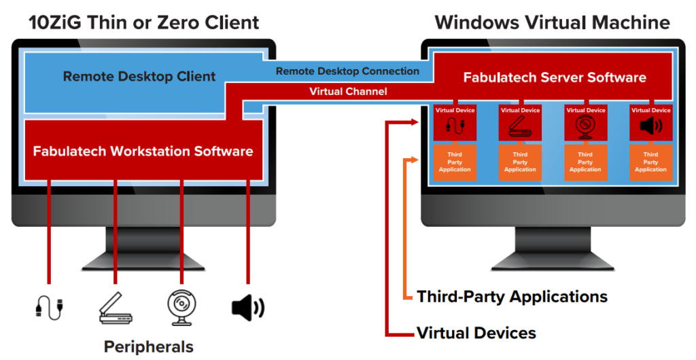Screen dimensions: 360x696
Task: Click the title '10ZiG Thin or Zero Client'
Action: (x=144, y=22)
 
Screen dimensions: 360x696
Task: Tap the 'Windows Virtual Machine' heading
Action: (x=552, y=22)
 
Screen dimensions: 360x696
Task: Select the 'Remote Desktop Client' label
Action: (x=139, y=77)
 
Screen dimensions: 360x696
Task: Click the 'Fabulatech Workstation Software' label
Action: (x=143, y=151)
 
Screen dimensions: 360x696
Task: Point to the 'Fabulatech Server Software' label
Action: (x=555, y=77)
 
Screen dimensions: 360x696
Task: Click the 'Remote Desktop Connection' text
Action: (x=347, y=71)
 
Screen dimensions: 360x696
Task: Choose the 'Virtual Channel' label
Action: (x=347, y=91)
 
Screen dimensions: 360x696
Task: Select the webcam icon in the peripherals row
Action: (x=181, y=307)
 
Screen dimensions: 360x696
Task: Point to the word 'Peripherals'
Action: (x=148, y=346)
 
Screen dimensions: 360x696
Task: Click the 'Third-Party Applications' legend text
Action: (x=512, y=297)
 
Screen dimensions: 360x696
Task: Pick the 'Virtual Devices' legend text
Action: (x=476, y=333)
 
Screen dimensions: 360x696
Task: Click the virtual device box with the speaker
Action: (x=650, y=123)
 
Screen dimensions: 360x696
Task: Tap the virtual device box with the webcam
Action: (x=585, y=123)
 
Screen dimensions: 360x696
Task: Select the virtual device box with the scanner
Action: (x=520, y=123)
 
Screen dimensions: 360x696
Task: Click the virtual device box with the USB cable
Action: (x=455, y=123)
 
